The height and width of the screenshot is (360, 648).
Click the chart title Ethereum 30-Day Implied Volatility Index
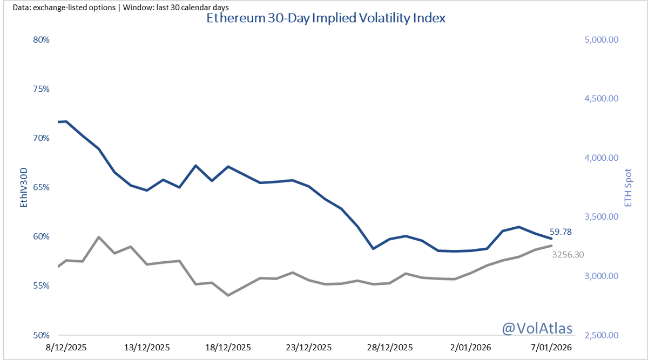coord(326,18)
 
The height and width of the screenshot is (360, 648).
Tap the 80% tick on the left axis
coord(42,39)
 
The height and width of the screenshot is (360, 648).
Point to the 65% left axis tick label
coord(42,187)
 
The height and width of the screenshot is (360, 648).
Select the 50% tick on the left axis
coord(42,335)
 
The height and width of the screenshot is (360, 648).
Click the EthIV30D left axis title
coord(23,187)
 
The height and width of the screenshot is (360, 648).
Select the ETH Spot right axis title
coord(627,187)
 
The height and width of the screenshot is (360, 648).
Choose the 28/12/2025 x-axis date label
coord(391,347)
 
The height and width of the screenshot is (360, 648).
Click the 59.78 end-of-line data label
coord(561,232)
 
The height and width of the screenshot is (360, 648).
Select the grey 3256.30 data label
coord(568,254)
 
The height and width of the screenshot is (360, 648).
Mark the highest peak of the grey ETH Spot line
coord(98,237)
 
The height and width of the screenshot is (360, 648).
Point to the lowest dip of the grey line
coord(228,295)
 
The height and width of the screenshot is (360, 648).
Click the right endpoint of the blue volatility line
coord(551,239)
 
